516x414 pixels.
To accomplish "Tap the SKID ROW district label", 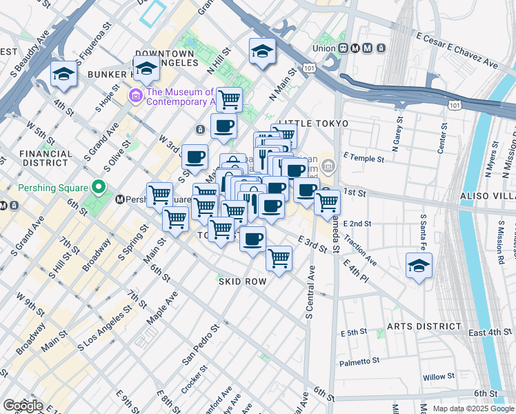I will pos(242,282).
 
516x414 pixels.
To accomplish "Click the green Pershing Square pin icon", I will pos(99,188).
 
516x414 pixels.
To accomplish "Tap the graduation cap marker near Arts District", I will pos(419,266).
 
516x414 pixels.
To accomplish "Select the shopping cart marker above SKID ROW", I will pos(279,258).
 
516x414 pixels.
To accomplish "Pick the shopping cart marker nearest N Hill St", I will pos(229,99).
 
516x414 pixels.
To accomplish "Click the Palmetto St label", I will pos(359,361).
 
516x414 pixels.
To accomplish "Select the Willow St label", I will pos(439,377).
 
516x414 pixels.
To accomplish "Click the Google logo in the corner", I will pos(22,406).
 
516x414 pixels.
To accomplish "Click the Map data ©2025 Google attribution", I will pos(473,408).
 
